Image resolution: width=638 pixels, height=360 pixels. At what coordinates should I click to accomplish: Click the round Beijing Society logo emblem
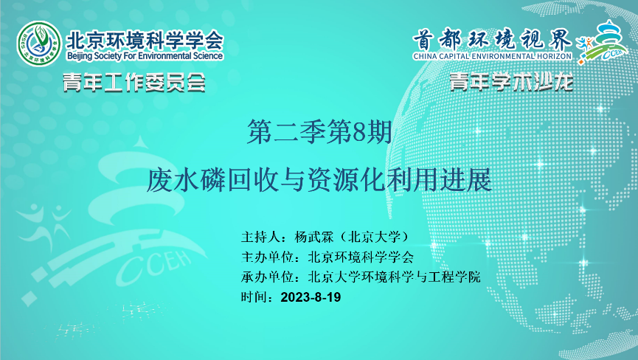click(x=39, y=44)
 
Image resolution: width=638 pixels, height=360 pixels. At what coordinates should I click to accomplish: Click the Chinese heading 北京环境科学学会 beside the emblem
click(x=145, y=41)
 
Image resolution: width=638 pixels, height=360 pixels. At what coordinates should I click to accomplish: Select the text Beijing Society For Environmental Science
click(x=145, y=56)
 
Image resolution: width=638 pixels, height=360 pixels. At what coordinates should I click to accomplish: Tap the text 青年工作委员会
click(x=134, y=83)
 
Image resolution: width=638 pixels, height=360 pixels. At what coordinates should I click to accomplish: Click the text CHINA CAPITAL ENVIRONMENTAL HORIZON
click(x=493, y=57)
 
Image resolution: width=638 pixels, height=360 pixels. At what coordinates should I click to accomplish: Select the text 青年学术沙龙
click(x=511, y=82)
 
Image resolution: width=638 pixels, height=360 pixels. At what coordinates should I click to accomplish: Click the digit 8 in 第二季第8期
click(x=359, y=132)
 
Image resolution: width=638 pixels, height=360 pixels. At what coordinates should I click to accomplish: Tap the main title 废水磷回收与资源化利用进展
click(x=319, y=180)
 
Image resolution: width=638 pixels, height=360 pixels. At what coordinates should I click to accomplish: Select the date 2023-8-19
click(x=311, y=297)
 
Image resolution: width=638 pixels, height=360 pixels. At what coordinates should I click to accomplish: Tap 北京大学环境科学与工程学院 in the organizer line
click(x=395, y=277)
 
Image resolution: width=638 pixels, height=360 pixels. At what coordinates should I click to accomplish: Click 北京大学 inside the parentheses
click(x=375, y=237)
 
